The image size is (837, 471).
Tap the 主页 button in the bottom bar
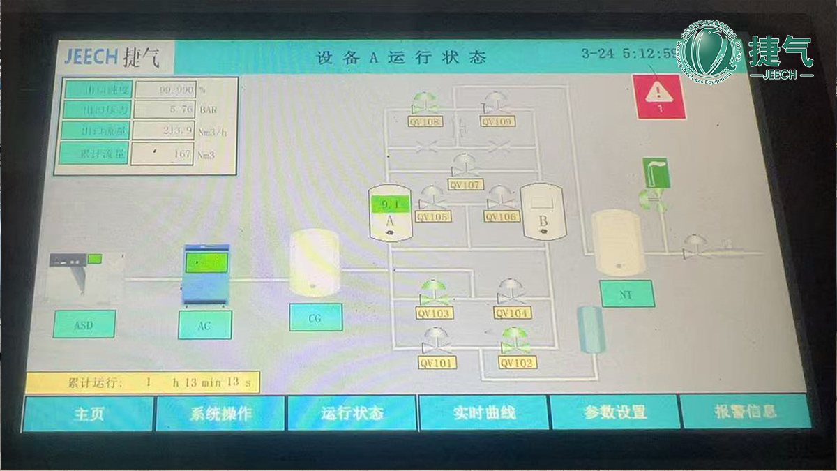89,414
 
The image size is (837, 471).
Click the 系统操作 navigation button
220,413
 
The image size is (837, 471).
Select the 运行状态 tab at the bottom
352,412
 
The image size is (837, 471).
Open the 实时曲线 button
483,412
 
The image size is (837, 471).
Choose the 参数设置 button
614,412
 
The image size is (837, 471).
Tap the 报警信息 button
745,411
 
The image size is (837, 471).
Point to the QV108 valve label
425,121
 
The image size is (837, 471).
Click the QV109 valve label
497,121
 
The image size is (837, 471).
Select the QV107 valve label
465,185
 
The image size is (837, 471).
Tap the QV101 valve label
437,363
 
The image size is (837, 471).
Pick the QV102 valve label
516,363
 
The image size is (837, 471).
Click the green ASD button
84,324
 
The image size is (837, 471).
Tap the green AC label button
204,325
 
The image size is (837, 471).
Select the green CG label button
315,317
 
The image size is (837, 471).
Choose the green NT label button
626,294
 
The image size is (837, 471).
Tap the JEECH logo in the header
112,57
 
